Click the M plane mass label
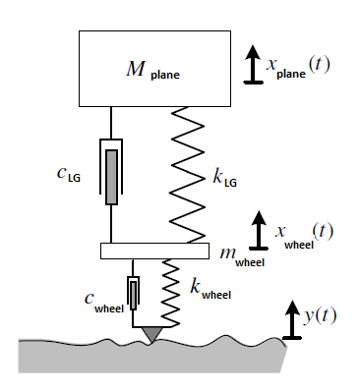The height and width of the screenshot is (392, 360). click(152, 70)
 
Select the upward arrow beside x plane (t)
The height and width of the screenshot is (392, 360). click(253, 64)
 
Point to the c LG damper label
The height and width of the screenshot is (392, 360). click(69, 174)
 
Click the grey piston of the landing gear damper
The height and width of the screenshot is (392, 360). click(111, 177)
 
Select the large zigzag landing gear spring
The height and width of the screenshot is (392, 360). click(188, 175)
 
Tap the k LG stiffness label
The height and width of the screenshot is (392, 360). click(224, 178)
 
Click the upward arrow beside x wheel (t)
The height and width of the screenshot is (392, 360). click(259, 230)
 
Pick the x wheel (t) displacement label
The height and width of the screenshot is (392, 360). click(304, 235)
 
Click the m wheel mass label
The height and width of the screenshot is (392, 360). click(242, 256)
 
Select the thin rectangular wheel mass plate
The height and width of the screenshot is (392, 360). click(154, 251)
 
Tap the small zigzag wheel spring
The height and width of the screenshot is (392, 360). click(171, 293)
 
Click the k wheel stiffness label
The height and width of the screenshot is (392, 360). click(210, 290)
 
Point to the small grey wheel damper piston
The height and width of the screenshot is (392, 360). click(133, 295)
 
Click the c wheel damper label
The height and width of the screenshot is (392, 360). click(104, 303)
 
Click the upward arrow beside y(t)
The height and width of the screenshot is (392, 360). click(291, 320)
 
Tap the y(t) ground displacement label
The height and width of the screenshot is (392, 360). click(320, 316)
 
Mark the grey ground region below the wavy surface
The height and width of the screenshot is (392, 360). click(150, 359)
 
